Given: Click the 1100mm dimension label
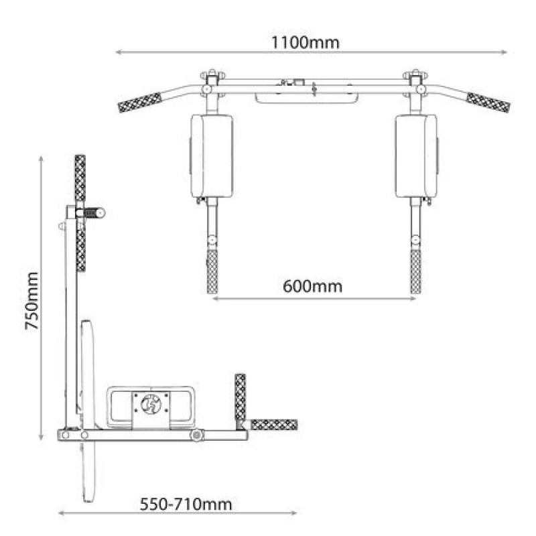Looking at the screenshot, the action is tap(306, 43).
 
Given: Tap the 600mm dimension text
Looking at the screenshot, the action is tap(312, 286).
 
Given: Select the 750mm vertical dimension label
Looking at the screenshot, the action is tap(31, 301).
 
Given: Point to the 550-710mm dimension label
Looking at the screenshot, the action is tap(186, 505).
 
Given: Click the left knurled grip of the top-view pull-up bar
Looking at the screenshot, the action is tap(140, 103).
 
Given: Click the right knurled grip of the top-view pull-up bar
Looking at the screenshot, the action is tap(488, 103).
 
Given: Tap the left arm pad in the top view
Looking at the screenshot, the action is tap(212, 156).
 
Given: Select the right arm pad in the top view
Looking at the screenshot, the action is tap(416, 156).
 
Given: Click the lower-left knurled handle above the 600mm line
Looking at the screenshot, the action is tap(212, 271).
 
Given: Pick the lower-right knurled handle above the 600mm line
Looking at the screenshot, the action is tap(415, 271).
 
